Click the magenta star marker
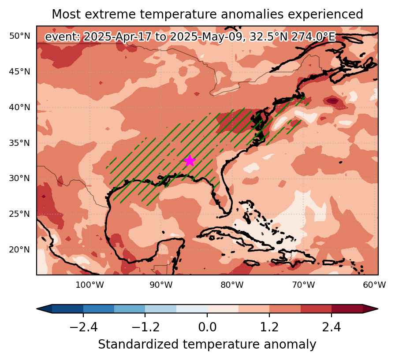[x=190, y=161]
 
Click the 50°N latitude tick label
[x=20, y=36]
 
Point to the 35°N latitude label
[x=20, y=143]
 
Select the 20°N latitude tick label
[x=20, y=249]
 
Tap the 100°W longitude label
[x=89, y=285]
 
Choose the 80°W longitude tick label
[x=232, y=285]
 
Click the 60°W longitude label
[x=374, y=285]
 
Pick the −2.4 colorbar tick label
[x=83, y=327]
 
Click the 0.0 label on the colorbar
[x=207, y=327]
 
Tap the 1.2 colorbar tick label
[x=269, y=327]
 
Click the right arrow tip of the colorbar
[x=378, y=308]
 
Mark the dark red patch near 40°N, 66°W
[x=333, y=101]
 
